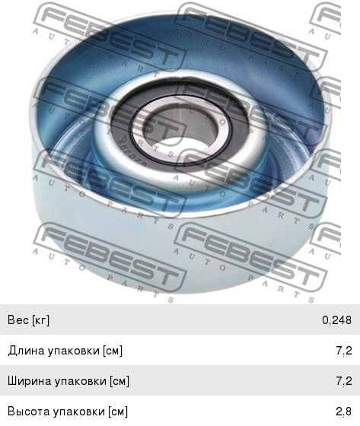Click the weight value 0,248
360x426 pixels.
336,320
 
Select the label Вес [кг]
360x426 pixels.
29,320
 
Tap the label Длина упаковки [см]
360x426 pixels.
65,351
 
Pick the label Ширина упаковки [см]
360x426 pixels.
68,381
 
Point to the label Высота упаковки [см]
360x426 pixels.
68,412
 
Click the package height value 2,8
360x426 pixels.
344,412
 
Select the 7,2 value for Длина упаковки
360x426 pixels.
344,351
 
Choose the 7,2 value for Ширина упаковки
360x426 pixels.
344,381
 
